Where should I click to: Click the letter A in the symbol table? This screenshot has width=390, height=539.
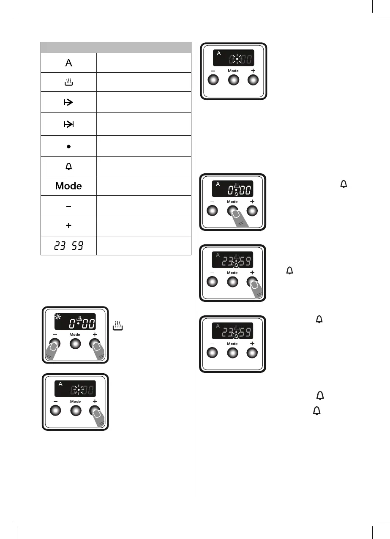point(68,63)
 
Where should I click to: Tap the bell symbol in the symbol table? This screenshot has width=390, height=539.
point(68,167)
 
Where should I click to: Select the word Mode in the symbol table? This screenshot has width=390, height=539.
point(68,186)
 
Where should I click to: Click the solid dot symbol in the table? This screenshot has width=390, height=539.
point(68,146)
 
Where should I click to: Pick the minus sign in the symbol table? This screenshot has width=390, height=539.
point(68,206)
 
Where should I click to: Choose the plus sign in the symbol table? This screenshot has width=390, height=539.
point(68,226)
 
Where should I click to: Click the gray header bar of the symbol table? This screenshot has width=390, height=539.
point(116,47)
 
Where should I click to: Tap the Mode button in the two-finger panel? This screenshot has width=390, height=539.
point(75,343)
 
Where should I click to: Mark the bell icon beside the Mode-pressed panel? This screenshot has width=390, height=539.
point(343,183)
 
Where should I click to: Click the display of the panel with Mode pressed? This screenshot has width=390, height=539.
point(233,189)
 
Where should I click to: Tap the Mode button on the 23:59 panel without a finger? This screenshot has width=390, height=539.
point(232,353)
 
